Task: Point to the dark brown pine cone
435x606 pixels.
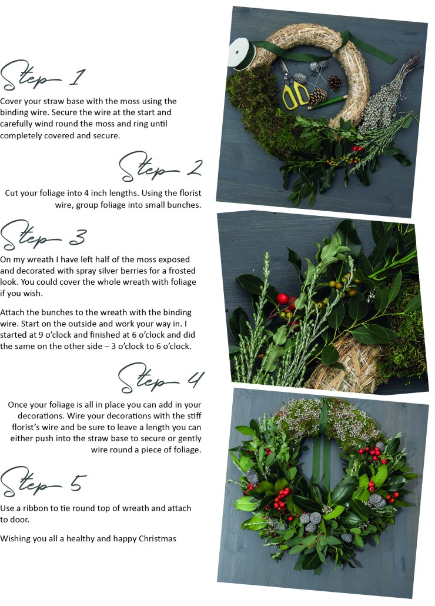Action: click(x=334, y=83)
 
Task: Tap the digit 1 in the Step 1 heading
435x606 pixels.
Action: click(x=78, y=77)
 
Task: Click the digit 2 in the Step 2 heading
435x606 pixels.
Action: click(x=193, y=168)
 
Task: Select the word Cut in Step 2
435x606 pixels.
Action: click(x=13, y=192)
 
